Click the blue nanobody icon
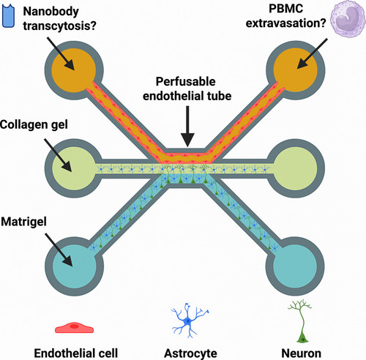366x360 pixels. tap(8, 16)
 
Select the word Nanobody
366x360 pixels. tap(51, 12)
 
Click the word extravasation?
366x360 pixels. tap(285, 23)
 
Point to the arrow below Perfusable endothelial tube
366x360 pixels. tap(187, 127)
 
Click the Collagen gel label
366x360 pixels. tap(34, 124)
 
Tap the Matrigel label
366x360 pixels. tap(23, 222)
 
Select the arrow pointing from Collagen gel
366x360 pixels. tap(58, 155)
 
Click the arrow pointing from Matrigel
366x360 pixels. tap(59, 250)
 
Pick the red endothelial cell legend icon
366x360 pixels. tap(74, 328)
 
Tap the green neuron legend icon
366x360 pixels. tap(300, 321)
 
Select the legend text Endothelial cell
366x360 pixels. tap(76, 353)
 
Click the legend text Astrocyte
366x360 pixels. tap(190, 353)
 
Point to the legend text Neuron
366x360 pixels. tap(302, 353)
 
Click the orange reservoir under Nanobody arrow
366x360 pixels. tap(73, 70)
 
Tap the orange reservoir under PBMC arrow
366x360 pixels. tap(296, 70)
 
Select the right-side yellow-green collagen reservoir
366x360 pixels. tap(296, 168)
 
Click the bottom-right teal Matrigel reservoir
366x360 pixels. tap(295, 266)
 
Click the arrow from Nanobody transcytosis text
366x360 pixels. tap(61, 53)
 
